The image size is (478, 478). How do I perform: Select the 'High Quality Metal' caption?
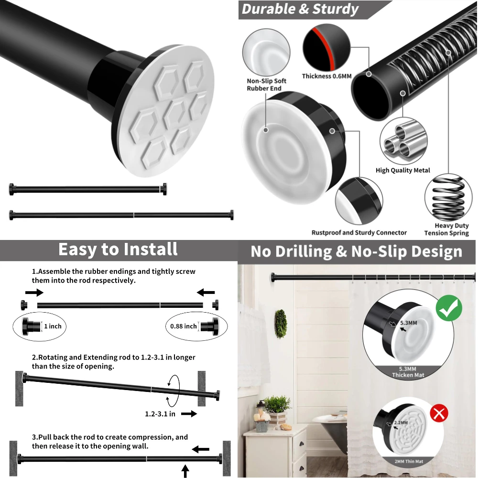[402, 170]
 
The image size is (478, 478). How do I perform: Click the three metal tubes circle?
[402, 141]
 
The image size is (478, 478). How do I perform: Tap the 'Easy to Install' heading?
[118, 250]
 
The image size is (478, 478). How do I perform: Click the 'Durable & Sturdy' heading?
[300, 9]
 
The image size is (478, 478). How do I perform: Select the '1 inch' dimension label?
[53, 326]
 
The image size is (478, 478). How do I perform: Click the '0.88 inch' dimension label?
[184, 326]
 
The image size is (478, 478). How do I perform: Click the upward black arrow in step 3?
[185, 471]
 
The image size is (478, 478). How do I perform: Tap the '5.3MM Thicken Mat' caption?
[408, 372]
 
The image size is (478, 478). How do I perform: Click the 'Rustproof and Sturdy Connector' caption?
[359, 233]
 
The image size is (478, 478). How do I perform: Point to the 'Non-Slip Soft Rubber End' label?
[266, 85]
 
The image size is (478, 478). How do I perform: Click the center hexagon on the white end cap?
[175, 113]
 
